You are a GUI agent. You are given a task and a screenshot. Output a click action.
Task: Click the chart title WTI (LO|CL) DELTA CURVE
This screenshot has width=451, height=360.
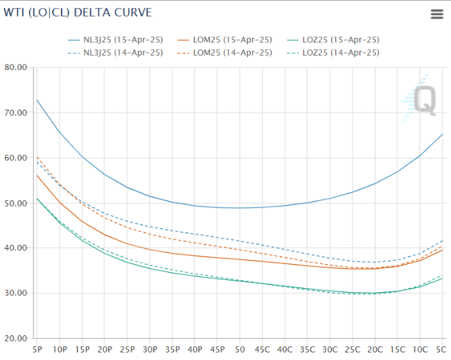click(x=78, y=12)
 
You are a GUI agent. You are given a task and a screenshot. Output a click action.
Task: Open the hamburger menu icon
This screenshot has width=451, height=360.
click(x=437, y=14)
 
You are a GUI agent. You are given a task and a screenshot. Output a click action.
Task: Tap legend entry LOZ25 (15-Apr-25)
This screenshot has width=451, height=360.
click(x=340, y=40)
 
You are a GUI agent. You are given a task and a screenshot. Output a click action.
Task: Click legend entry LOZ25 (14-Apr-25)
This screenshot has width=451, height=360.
click(x=340, y=53)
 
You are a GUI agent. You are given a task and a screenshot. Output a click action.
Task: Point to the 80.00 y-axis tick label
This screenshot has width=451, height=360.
click(x=14, y=67)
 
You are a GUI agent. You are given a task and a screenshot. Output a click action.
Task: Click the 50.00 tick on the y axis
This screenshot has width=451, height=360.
click(x=14, y=203)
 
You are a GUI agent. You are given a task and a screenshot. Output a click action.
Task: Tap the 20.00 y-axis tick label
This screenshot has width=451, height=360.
click(x=14, y=338)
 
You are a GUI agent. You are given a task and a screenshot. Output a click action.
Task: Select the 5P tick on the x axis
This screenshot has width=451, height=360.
click(x=37, y=349)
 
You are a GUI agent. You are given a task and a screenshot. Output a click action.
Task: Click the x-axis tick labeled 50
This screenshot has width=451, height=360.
click(x=239, y=349)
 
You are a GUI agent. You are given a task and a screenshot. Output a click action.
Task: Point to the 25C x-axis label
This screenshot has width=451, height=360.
click(x=352, y=349)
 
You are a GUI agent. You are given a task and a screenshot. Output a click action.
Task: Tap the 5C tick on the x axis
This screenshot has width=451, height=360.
click(x=442, y=349)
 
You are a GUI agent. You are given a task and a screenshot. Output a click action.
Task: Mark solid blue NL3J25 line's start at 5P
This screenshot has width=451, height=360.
click(x=37, y=100)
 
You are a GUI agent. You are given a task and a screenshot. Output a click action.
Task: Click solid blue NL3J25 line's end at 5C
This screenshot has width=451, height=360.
click(x=442, y=134)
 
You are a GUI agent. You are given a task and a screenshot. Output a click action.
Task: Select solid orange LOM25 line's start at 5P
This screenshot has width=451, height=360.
click(x=37, y=176)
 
